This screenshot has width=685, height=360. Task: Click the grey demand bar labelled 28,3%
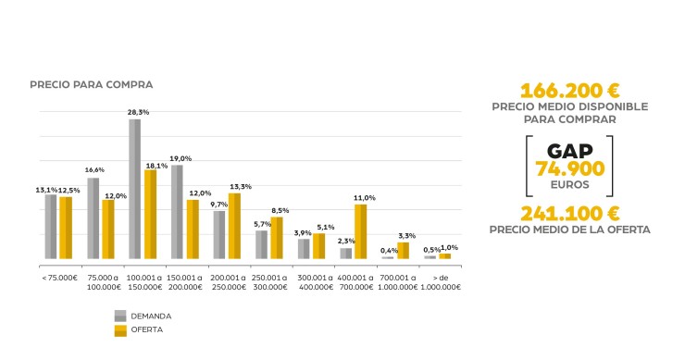point(134,189)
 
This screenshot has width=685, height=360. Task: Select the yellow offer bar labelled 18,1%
point(150,214)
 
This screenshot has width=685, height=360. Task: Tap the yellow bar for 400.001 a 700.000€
point(360,231)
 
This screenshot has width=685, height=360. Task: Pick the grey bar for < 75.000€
point(51,226)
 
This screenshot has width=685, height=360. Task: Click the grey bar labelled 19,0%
point(177,212)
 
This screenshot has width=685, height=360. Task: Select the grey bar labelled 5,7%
point(262,244)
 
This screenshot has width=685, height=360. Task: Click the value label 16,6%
point(94,170)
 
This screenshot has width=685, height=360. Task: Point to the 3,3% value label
point(405,235)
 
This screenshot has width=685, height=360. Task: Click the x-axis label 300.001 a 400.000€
point(315,281)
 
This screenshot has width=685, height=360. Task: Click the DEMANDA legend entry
point(151,316)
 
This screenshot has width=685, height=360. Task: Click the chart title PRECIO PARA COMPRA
point(91,84)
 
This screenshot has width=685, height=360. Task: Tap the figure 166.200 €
point(569,91)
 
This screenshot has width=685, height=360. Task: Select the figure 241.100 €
point(569,213)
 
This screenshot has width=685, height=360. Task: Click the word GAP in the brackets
point(569,150)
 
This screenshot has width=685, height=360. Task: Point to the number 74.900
point(569,168)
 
